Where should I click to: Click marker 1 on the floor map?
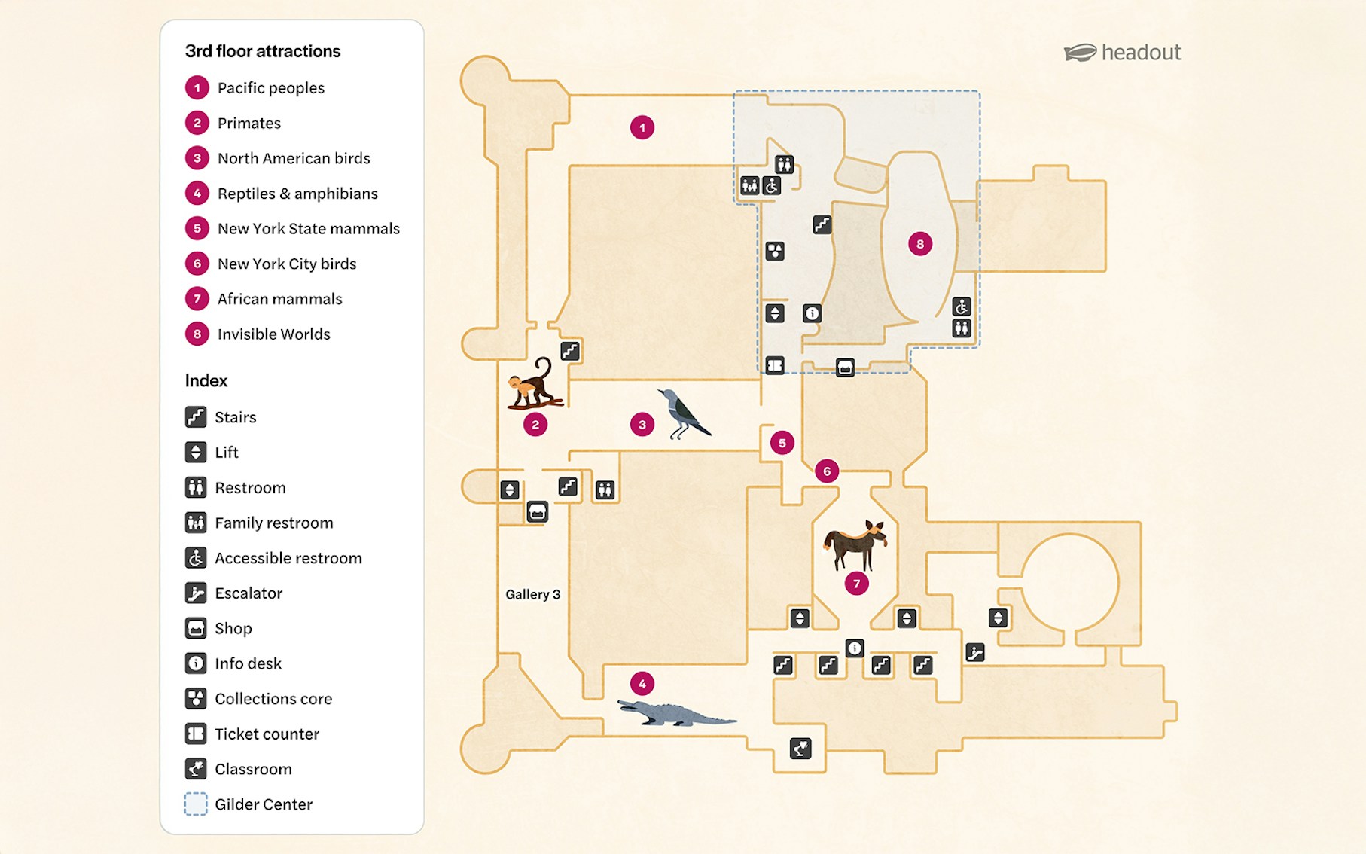642,127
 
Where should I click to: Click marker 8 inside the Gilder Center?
919,244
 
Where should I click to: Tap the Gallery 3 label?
532,594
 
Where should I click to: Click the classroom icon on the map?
800,748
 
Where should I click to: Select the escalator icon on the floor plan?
974,652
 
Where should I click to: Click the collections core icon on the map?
775,251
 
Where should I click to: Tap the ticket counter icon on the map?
775,365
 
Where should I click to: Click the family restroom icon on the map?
749,185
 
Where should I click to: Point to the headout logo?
1122,53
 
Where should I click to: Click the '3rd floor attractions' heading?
263,51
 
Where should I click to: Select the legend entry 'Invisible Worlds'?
273,334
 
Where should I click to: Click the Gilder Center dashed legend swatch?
196,804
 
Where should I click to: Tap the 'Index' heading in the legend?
206,381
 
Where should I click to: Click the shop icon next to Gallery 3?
537,512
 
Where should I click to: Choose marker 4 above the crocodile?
642,684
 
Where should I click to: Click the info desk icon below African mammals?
854,648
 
